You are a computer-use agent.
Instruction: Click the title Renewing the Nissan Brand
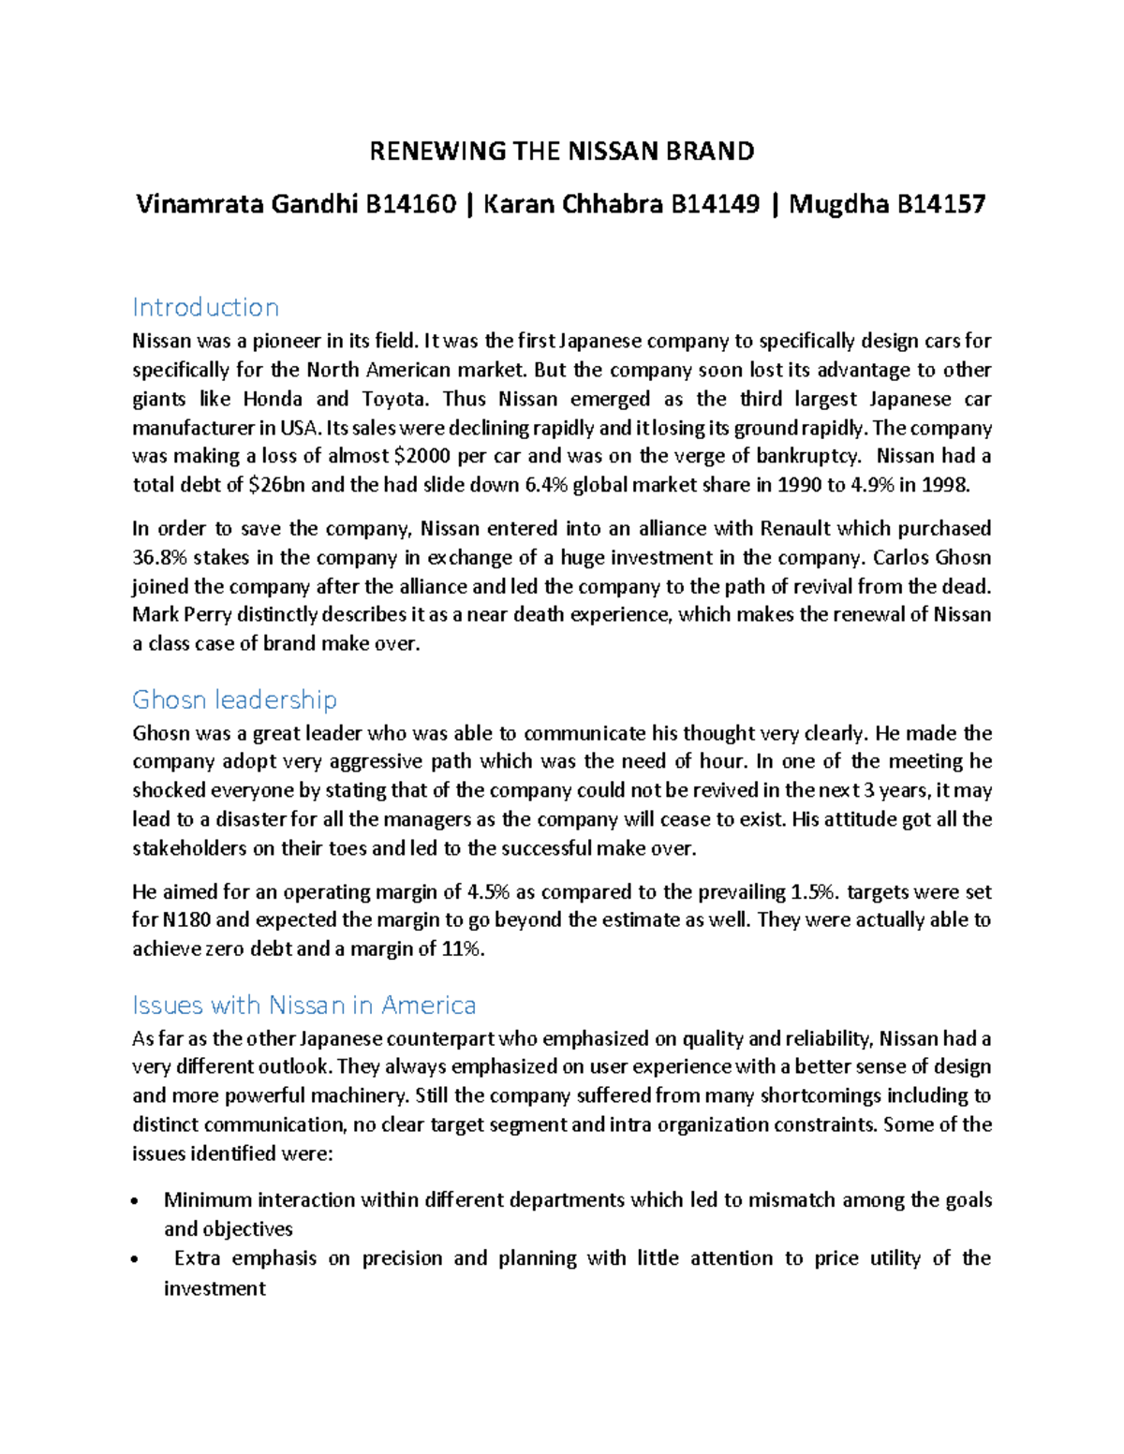point(562,151)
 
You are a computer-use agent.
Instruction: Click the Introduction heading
point(205,307)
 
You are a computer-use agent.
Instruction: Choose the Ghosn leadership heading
point(234,699)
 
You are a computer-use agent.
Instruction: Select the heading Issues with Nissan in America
point(303,1005)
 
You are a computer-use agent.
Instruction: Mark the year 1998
point(946,486)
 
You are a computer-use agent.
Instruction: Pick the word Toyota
point(394,399)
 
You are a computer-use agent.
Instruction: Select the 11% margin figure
point(464,948)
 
